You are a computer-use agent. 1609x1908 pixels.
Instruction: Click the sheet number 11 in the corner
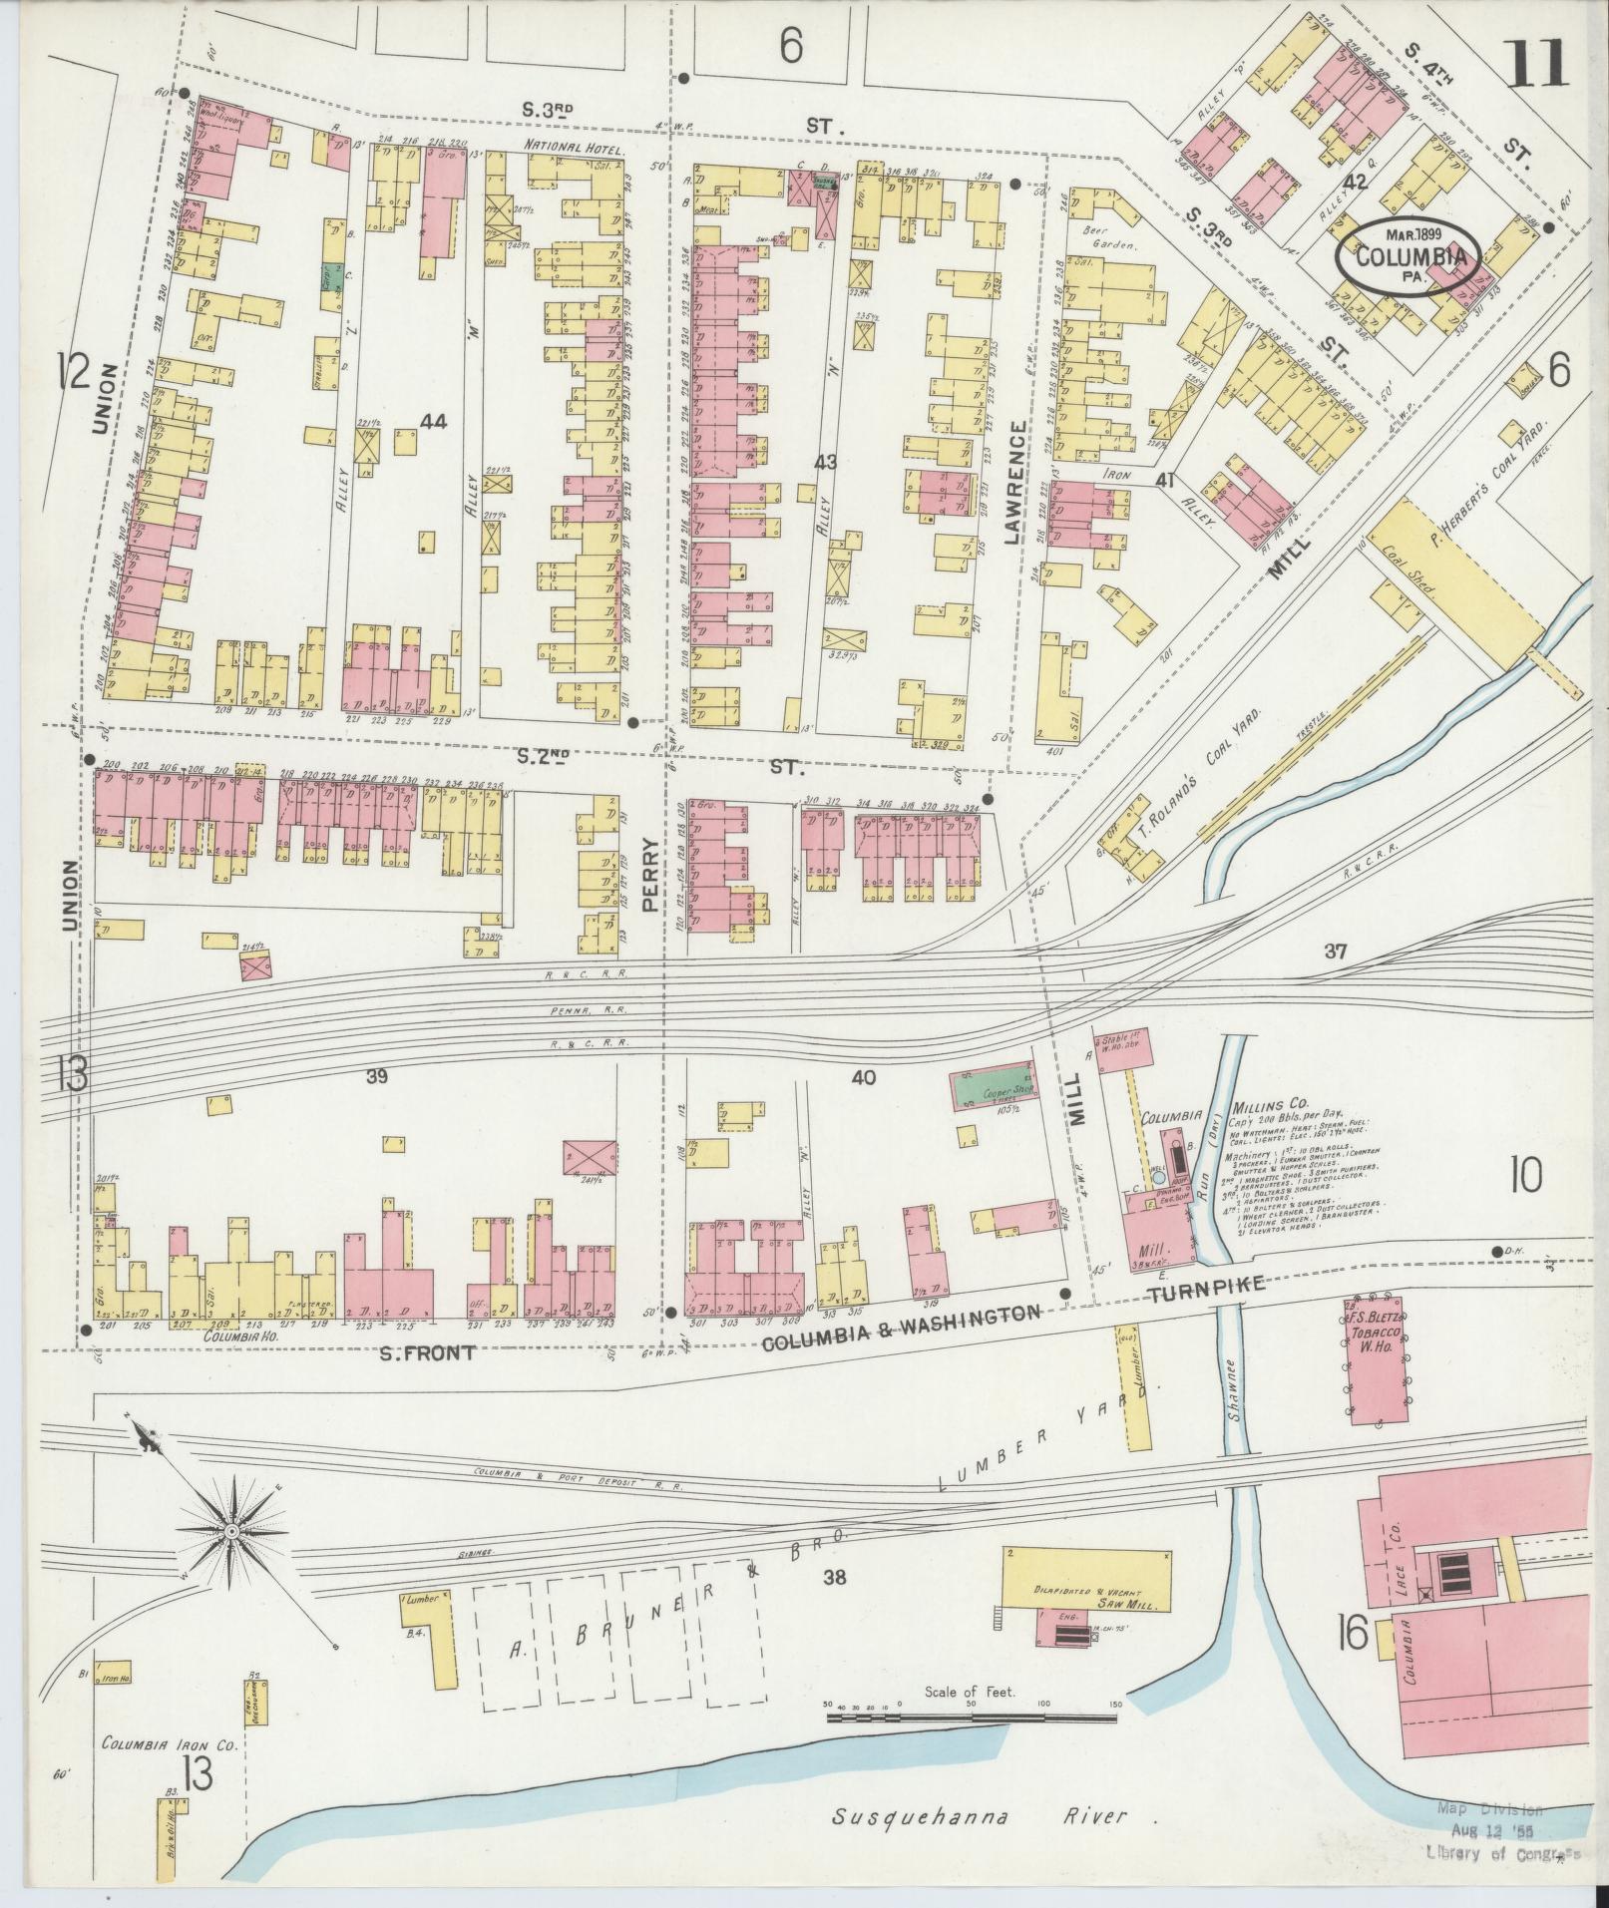[x=1535, y=66]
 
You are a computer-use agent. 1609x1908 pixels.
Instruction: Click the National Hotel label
[x=574, y=149]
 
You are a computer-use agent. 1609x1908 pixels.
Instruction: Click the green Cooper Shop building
[x=994, y=1091]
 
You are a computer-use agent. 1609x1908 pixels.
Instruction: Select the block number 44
[x=433, y=422]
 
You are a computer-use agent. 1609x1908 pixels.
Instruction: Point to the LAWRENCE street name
[x=1015, y=482]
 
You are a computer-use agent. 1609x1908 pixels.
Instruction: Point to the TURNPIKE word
[x=1205, y=1292]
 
